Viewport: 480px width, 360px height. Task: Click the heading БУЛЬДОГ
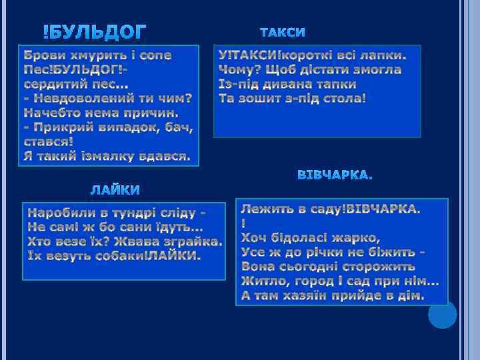pos(95,31)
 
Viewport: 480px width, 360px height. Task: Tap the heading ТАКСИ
pos(282,32)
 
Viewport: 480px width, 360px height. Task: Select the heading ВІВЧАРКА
pos(335,175)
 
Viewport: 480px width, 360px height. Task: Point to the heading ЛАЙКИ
pos(115,191)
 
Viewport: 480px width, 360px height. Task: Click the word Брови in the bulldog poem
pos(43,55)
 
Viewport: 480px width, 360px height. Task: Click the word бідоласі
pos(297,238)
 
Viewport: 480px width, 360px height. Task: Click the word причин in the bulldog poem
pos(150,113)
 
